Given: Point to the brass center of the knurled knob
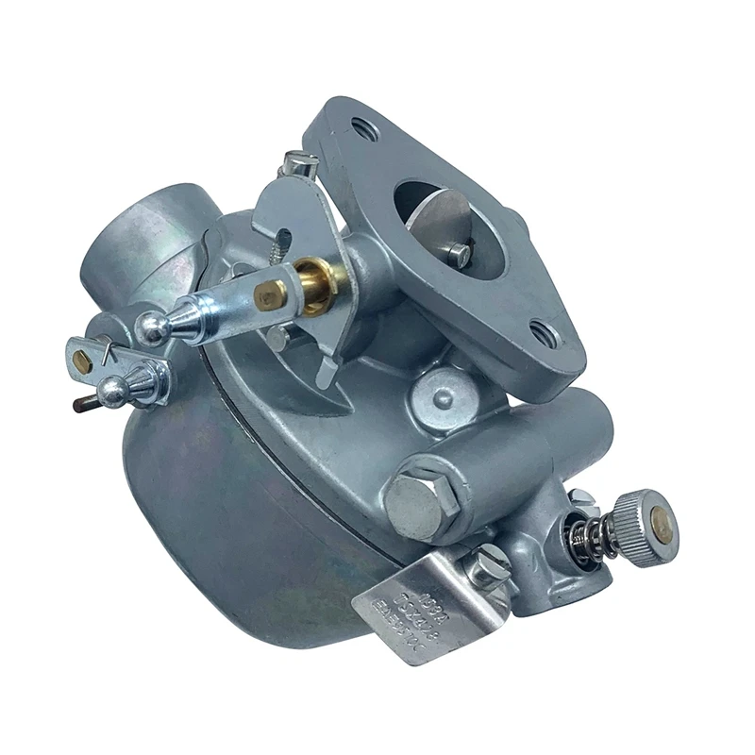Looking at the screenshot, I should pyautogui.click(x=663, y=526).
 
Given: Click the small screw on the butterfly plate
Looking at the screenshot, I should pyautogui.click(x=459, y=252).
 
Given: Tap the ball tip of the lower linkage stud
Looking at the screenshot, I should pyautogui.click(x=112, y=391).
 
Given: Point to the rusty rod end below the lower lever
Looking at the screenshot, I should pyautogui.click(x=80, y=403).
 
